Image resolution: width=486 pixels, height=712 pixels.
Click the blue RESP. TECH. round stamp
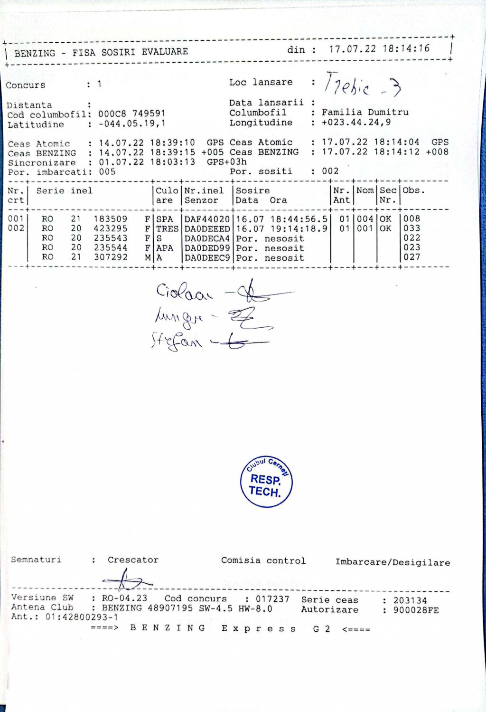point(266,483)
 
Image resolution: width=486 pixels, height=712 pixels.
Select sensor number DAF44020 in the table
point(207,219)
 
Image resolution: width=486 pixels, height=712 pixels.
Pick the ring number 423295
point(111,228)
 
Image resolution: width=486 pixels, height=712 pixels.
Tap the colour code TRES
point(167,229)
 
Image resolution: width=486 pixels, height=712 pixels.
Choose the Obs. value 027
point(411,257)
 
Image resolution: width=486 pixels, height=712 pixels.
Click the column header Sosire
point(252,190)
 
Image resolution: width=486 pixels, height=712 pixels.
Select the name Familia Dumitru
point(365,113)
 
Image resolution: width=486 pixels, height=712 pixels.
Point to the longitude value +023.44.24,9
point(356,123)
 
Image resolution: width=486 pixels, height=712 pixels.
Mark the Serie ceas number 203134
point(410,600)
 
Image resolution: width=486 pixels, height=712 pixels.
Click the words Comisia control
point(263,560)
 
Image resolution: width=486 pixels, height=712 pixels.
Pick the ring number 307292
point(111,257)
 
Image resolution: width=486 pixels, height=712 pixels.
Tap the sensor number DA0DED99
point(207,248)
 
